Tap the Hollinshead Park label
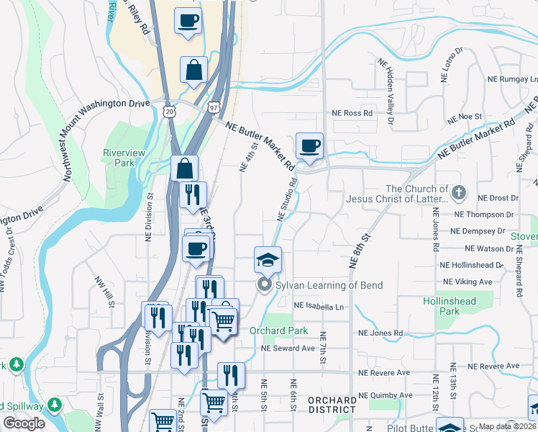click(441, 306)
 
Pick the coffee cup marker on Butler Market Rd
click(309, 146)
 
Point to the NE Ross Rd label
click(352, 113)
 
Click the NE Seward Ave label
click(288, 348)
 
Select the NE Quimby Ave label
click(386, 395)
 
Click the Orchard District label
click(332, 405)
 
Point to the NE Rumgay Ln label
click(513, 78)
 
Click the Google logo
click(24, 423)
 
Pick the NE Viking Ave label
click(468, 282)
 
